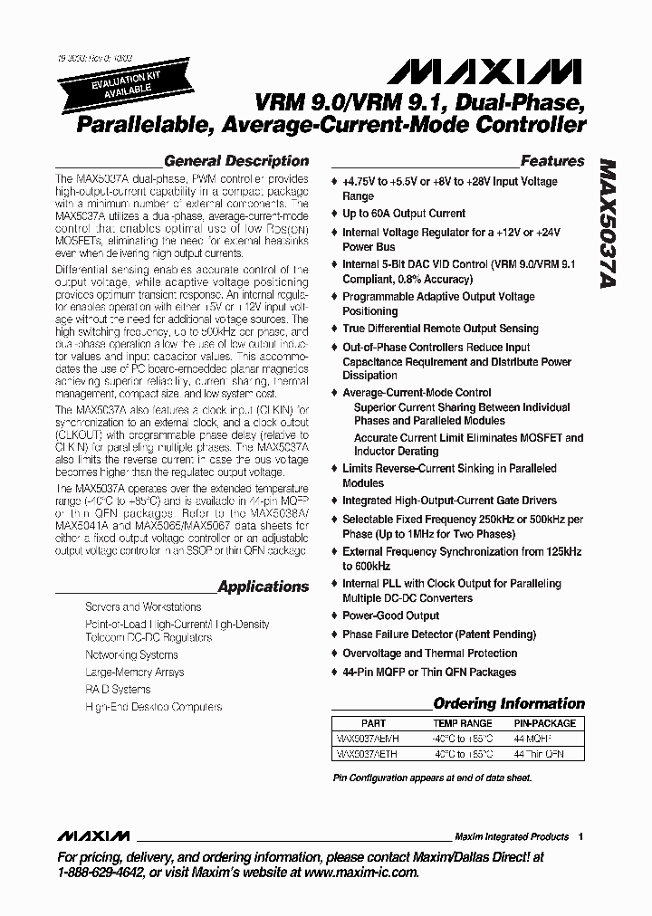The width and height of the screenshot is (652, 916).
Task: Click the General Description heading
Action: click(x=235, y=161)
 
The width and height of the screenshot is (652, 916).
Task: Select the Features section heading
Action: click(x=551, y=161)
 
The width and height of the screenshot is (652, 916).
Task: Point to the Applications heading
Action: click(x=263, y=587)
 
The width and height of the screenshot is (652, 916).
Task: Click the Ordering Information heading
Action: click(x=509, y=703)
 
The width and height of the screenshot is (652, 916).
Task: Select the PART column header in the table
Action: click(x=373, y=723)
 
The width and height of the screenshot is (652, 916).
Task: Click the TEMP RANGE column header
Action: click(x=463, y=723)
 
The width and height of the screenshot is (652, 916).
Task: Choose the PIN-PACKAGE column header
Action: click(x=544, y=723)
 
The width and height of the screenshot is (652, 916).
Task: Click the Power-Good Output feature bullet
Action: click(x=390, y=615)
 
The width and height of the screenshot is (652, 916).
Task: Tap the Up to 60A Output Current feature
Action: click(x=404, y=214)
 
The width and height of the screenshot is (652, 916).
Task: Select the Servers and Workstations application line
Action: click(x=143, y=607)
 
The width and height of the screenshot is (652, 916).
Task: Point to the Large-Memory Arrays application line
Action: click(x=134, y=672)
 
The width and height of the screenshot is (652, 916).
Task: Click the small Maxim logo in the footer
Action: click(x=93, y=836)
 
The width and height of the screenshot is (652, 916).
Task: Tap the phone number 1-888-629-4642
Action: click(x=101, y=873)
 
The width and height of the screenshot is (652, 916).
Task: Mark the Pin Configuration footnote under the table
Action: click(x=432, y=778)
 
